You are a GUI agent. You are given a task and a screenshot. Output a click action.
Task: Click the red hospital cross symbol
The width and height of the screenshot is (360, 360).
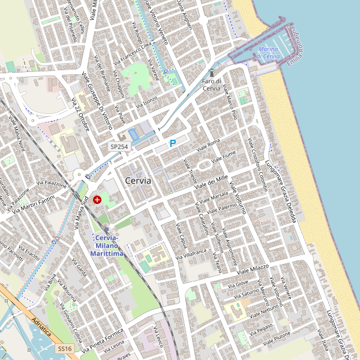[97, 199]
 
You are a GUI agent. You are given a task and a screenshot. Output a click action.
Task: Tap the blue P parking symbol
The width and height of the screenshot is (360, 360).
[173, 143]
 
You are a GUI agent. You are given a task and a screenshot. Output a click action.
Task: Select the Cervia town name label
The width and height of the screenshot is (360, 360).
[138, 180]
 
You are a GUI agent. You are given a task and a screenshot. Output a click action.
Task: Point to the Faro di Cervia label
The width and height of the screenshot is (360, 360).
[212, 85]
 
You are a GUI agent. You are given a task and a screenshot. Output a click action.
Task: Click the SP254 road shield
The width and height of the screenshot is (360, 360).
[119, 146]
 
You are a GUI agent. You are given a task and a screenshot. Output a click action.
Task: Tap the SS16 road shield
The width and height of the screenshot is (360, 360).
[65, 349]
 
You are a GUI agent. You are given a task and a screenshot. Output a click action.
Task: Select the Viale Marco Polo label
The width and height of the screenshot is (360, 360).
[231, 100]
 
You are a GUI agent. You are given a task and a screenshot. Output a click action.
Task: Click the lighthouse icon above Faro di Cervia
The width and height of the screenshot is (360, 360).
[211, 72]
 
